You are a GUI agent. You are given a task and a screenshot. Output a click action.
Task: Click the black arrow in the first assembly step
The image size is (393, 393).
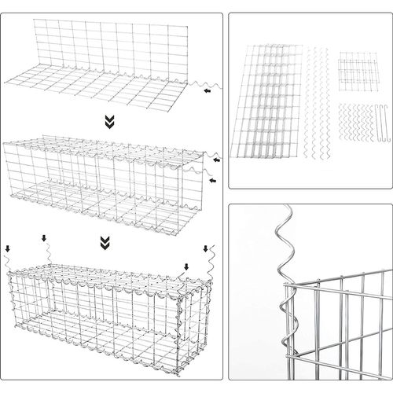tap(206, 91)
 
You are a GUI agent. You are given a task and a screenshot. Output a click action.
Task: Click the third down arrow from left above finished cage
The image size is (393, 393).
tap(186, 266)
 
